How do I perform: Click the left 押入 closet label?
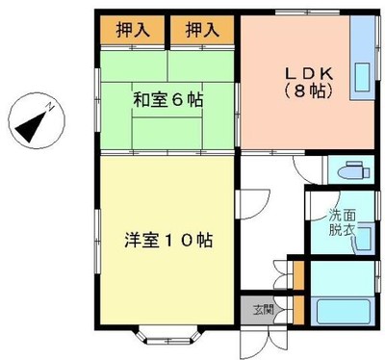coord(133,30)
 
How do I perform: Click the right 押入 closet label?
coord(202,30)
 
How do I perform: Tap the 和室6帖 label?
coord(168,100)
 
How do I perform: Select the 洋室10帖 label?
coord(168,240)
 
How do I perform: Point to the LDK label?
coord(309,74)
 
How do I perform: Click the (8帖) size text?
coord(308,91)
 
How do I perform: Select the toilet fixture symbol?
coord(354,170)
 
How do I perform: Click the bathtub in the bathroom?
coord(344,311)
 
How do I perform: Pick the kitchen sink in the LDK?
coord(363,77)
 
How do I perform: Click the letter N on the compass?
coord(50,106)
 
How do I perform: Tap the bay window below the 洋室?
coord(169,335)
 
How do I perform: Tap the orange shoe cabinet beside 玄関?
coord(299,310)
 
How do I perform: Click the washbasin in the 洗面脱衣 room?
coord(364,239)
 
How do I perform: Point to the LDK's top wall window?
coord(308,13)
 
